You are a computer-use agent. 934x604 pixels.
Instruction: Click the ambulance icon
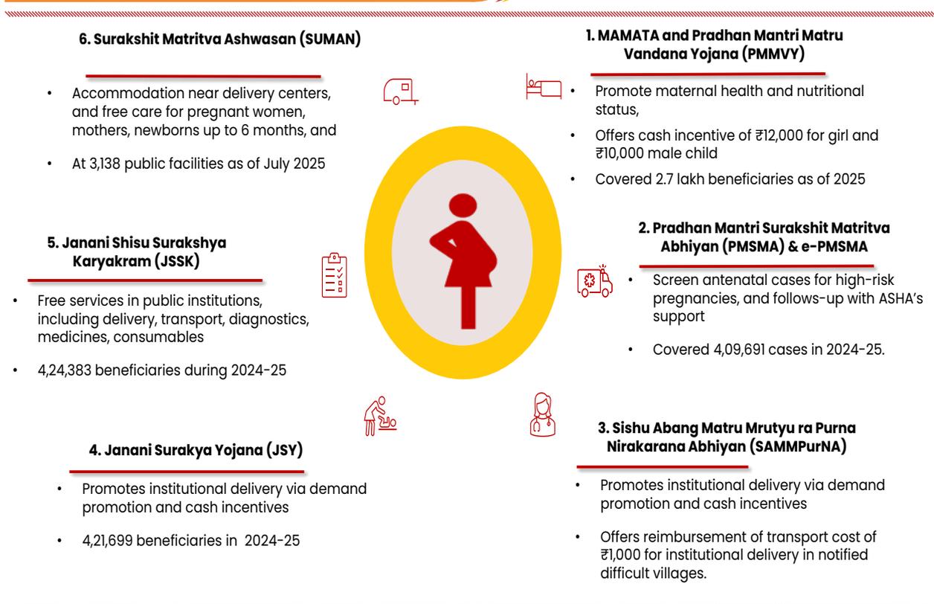[x=595, y=282]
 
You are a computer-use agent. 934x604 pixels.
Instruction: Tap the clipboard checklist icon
[x=335, y=275]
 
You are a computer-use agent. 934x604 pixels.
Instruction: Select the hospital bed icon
[x=544, y=87]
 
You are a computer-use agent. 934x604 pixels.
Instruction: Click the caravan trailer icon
[x=401, y=91]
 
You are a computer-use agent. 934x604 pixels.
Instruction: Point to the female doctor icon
[x=542, y=414]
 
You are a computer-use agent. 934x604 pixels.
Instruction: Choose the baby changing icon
[x=380, y=416]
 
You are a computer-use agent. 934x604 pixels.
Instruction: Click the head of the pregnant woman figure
[x=463, y=205]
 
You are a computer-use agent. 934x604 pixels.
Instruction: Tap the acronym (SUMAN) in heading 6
[x=330, y=39]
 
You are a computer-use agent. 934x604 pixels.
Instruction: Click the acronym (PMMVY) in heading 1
[x=773, y=54]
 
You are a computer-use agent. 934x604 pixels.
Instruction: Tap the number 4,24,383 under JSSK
[x=64, y=370]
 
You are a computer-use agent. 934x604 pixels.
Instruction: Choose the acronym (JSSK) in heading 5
[x=177, y=262]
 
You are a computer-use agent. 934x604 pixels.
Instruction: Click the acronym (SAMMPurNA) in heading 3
[x=798, y=447]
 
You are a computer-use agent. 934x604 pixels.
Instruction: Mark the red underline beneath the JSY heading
[x=187, y=472]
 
